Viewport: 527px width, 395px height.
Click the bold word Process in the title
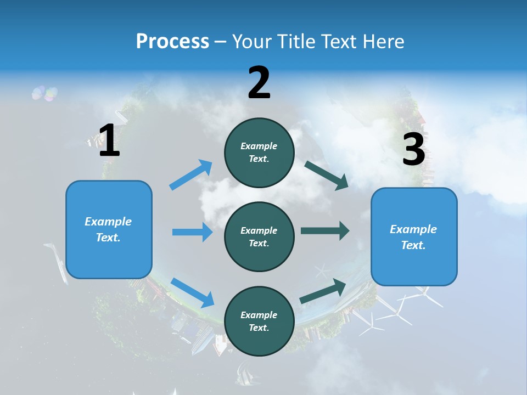172,41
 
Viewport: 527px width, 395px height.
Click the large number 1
109,140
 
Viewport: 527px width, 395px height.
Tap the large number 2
259,82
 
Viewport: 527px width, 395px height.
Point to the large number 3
413,150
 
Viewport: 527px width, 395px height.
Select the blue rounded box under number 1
109,229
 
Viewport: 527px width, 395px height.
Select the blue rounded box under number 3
414,236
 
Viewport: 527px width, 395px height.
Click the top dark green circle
259,153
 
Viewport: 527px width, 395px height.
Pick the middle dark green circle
259,236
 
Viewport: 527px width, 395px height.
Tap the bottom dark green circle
259,321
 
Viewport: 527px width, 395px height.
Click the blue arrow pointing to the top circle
191,175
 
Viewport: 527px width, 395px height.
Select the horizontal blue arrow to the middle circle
192,232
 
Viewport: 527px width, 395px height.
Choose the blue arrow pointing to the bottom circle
192,292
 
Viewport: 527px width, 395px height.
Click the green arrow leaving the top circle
326,175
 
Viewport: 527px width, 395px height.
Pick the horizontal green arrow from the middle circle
325,230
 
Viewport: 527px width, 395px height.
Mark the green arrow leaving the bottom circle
323,291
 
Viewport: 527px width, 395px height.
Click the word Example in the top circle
259,146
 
